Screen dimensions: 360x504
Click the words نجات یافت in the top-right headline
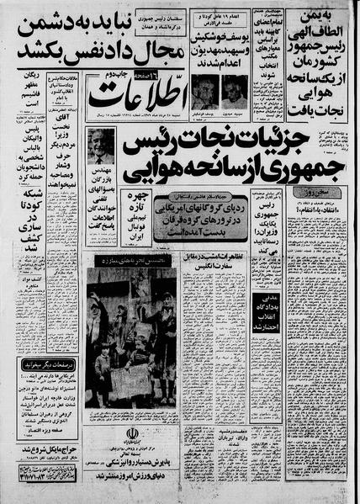320,104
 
